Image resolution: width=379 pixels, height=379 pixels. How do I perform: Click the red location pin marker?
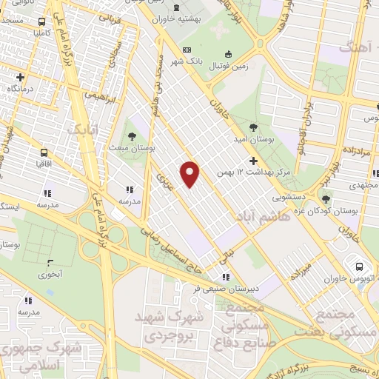click(x=190, y=173)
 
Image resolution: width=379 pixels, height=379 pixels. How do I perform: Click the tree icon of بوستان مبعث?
click(x=131, y=137)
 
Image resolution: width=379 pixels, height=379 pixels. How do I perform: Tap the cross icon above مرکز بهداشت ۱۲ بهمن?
click(x=253, y=160)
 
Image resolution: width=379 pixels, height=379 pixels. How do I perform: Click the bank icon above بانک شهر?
click(x=186, y=50)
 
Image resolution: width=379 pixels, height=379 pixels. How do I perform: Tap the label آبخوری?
click(x=50, y=275)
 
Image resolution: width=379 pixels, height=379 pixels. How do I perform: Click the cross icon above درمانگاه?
click(x=20, y=76)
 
